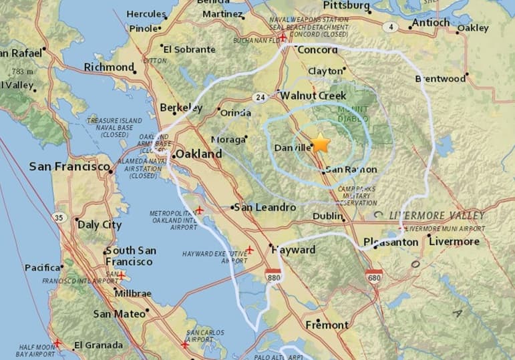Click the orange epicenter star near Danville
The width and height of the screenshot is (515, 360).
[321, 143]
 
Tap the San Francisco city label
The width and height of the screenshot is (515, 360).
[69, 166]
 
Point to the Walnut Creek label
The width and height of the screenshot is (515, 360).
[313, 96]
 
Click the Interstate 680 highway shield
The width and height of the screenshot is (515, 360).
[374, 275]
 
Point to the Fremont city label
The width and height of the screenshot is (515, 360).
[327, 325]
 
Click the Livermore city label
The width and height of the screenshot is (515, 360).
[454, 241]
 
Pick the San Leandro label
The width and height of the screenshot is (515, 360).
[266, 207]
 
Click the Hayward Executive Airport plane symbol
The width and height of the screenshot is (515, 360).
[249, 250]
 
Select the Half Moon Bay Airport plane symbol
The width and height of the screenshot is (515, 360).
[58, 343]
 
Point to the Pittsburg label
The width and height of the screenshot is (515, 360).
[345, 5]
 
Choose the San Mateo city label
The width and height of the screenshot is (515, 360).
[120, 313]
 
